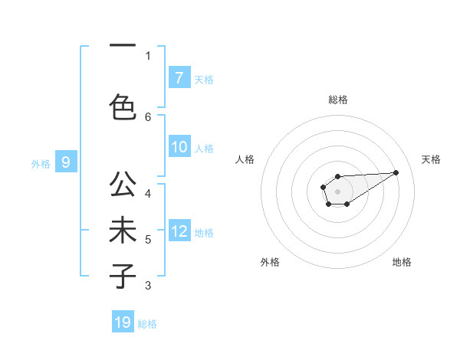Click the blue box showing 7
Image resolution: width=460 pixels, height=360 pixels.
point(179,78)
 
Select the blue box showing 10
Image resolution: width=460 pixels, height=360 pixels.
point(179,148)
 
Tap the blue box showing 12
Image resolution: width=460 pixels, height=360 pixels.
point(179,232)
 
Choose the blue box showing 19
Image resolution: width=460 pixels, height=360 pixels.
point(123,322)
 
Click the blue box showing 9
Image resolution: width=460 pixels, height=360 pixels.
point(66,162)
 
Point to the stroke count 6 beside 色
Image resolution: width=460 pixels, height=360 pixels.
point(148,116)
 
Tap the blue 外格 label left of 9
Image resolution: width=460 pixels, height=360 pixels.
point(41,163)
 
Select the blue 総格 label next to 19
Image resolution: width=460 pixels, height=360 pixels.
point(147,324)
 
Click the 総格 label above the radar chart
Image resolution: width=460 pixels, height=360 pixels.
point(337,100)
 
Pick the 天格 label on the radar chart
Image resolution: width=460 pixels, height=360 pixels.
point(431,159)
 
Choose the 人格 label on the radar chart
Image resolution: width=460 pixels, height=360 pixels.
point(245,159)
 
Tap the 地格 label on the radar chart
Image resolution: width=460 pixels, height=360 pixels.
point(402,262)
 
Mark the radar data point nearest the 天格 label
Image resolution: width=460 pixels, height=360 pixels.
point(396,172)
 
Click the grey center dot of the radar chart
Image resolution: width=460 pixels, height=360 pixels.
point(337,191)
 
